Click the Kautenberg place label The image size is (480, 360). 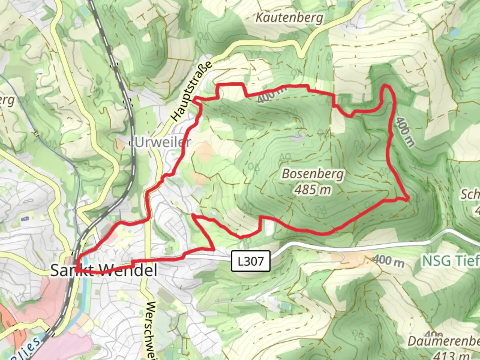[289, 18]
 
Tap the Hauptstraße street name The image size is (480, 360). [192, 91]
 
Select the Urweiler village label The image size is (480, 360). [163, 143]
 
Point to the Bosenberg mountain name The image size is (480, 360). [313, 174]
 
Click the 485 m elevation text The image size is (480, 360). [313, 190]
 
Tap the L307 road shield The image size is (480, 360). [251, 261]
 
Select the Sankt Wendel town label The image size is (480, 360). [104, 270]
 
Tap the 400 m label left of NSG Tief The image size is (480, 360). [389, 261]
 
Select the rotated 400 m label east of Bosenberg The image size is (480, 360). [405, 131]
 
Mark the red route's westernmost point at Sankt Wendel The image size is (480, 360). [77, 268]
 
